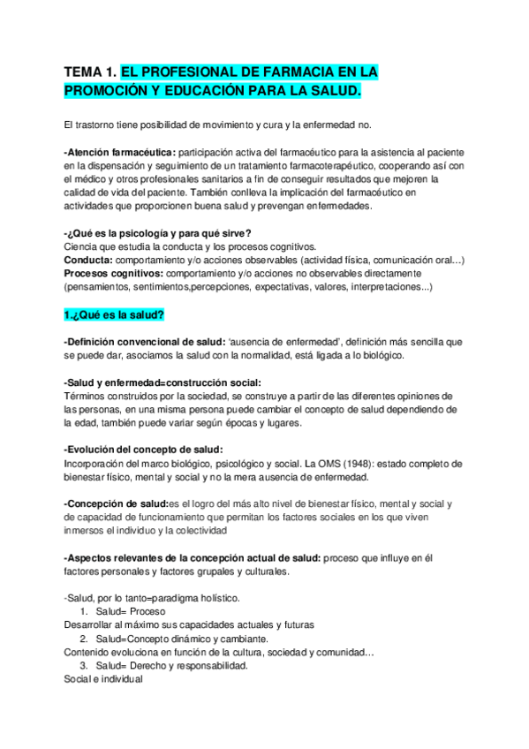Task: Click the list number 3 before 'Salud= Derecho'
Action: pos(82,666)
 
